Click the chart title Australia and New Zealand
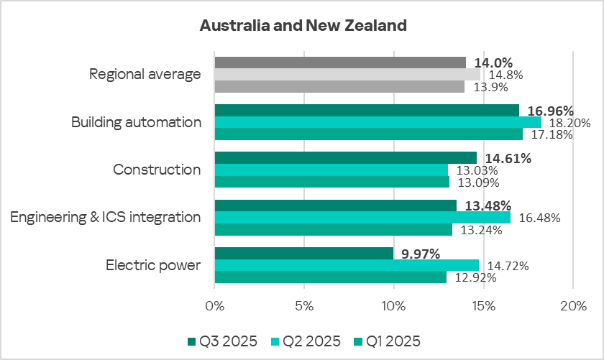(x=303, y=26)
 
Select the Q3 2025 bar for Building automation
(x=367, y=110)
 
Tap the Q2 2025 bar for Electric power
(x=347, y=265)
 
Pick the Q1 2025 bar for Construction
(x=332, y=182)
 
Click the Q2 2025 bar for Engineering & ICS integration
(x=362, y=217)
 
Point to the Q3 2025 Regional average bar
(x=340, y=63)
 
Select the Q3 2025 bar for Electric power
(x=304, y=253)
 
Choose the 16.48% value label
(x=535, y=218)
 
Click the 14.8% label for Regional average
(x=505, y=75)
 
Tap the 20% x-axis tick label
(x=573, y=307)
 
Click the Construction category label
(x=157, y=170)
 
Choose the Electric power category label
(x=153, y=265)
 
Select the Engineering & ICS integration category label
(x=106, y=217)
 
